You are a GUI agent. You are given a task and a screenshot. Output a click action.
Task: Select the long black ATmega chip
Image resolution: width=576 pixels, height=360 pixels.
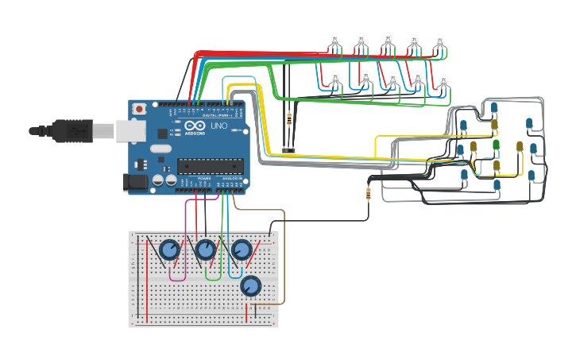tap(209, 165)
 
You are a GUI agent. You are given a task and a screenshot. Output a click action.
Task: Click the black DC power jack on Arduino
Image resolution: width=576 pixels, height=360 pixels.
tap(136, 183)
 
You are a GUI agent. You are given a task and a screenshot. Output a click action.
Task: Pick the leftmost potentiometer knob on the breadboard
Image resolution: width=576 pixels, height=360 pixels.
tap(168, 250)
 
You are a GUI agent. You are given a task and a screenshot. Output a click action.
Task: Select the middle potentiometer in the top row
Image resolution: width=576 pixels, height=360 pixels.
tap(205, 250)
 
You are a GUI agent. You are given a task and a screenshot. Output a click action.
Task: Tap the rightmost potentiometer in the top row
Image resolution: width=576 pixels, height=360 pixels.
tap(241, 250)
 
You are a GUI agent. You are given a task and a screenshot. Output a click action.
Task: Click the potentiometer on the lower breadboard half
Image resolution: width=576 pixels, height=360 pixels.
tap(250, 286)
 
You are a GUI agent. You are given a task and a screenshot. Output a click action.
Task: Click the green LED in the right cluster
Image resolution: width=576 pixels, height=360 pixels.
tap(496, 145)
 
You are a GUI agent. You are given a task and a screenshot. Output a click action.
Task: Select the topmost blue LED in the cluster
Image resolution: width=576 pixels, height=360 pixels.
tap(494, 107)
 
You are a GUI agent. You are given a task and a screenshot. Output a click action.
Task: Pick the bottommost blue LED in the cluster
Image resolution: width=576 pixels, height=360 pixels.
tap(497, 185)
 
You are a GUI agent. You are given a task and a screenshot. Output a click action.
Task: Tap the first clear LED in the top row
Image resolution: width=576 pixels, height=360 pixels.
tap(335, 40)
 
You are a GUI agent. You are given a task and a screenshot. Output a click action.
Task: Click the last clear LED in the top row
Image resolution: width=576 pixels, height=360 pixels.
tap(439, 41)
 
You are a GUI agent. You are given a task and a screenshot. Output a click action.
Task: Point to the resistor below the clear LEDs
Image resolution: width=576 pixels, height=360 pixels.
tap(288, 120)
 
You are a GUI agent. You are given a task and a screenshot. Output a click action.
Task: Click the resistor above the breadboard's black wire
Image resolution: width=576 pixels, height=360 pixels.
tap(368, 192)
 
